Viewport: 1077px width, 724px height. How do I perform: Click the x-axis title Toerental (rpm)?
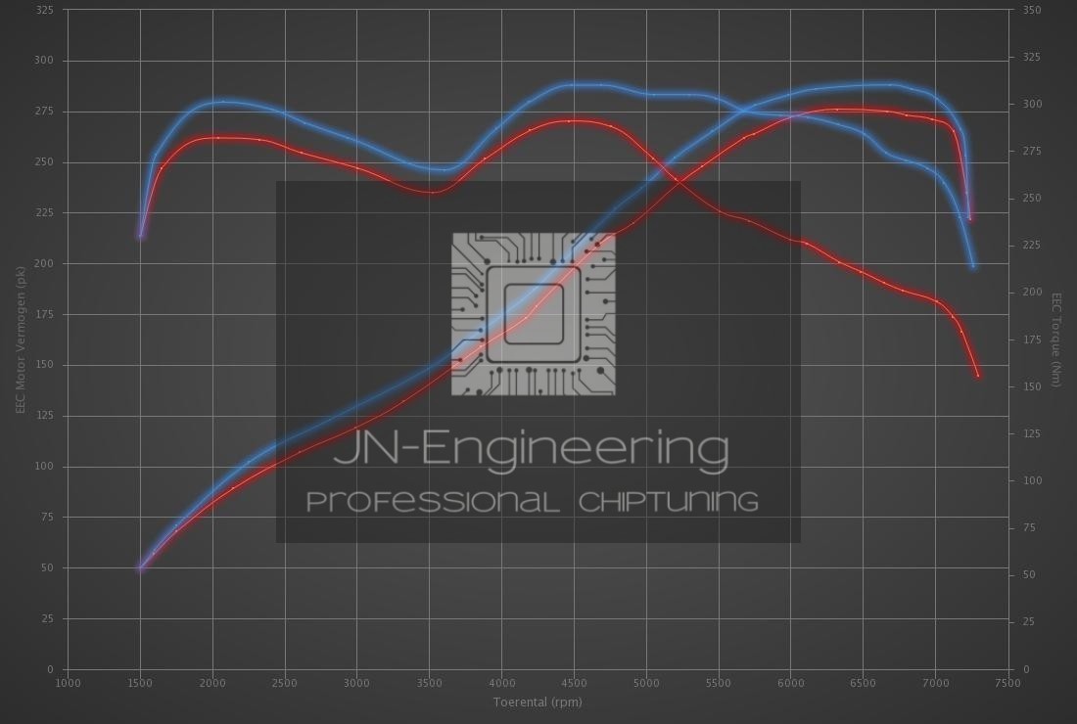pyautogui.click(x=538, y=701)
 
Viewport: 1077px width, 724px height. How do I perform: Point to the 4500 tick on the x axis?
pyautogui.click(x=574, y=683)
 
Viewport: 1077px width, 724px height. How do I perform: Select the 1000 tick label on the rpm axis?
pyautogui.click(x=68, y=683)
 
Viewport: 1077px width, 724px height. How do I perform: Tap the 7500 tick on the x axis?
pyautogui.click(x=1007, y=683)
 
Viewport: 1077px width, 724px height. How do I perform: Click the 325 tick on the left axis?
pyautogui.click(x=45, y=10)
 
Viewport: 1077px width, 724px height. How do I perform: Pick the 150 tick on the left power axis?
pyautogui.click(x=45, y=365)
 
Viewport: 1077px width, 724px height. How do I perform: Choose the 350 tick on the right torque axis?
pyautogui.click(x=1032, y=10)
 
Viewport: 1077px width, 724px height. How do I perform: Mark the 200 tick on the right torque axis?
pyautogui.click(x=1032, y=293)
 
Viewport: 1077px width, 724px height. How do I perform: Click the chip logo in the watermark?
pyautogui.click(x=534, y=314)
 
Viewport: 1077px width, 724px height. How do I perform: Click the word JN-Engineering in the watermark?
pyautogui.click(x=531, y=449)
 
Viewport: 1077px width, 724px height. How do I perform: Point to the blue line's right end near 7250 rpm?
pyautogui.click(x=973, y=266)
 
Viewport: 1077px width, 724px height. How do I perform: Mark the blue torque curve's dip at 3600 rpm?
pyautogui.click(x=444, y=170)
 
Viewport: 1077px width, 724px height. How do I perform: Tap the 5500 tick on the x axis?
pyautogui.click(x=719, y=683)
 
